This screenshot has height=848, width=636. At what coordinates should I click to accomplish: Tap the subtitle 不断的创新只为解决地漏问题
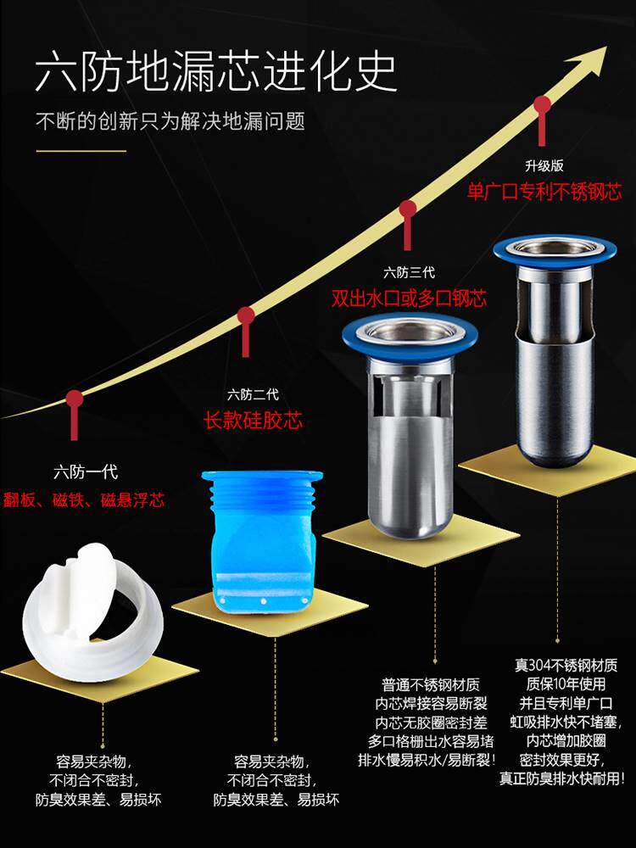(170, 121)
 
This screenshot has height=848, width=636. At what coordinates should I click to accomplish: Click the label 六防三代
(409, 272)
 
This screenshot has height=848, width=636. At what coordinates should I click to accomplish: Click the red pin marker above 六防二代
(246, 319)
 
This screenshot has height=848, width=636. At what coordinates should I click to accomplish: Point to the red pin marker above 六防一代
(75, 399)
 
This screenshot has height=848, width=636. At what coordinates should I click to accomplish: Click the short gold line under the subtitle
(81, 152)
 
